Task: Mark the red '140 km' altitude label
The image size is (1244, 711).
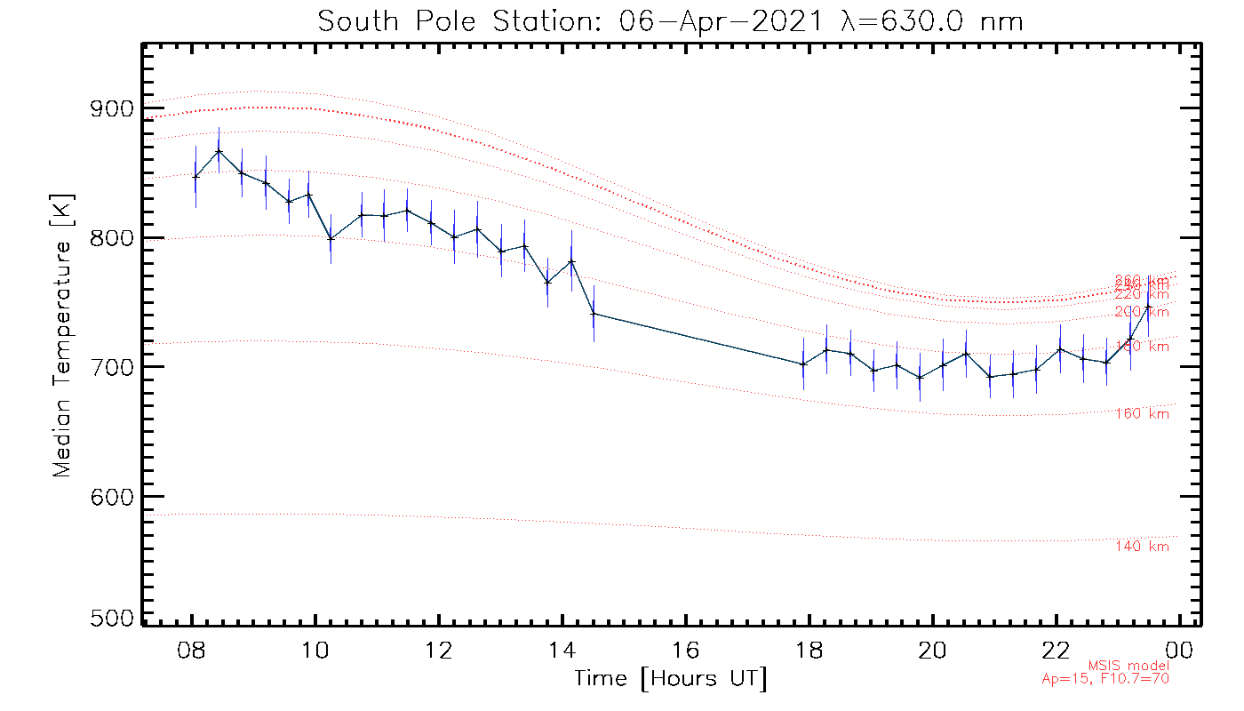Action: (1142, 547)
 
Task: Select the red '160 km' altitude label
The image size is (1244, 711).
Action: (1142, 414)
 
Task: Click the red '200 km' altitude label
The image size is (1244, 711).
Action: (1142, 312)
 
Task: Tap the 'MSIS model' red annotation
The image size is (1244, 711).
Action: (1128, 666)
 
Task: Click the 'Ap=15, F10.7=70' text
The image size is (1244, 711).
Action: (1105, 679)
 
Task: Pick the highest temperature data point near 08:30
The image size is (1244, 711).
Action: (219, 151)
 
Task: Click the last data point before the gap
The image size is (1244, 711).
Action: (594, 313)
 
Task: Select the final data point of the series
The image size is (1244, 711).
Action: (1148, 307)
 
